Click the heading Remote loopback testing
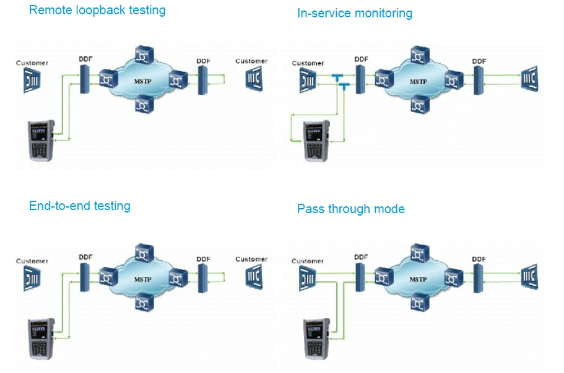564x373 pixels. click(x=97, y=10)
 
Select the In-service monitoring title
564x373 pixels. click(x=354, y=13)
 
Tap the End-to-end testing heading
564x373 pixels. click(x=79, y=206)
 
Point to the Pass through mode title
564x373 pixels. click(x=350, y=209)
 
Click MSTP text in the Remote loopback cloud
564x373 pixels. click(x=144, y=81)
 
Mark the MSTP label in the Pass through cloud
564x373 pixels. click(x=419, y=279)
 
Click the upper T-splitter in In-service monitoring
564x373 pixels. click(x=337, y=77)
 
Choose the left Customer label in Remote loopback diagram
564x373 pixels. click(x=32, y=63)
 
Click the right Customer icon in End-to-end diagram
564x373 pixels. click(x=253, y=277)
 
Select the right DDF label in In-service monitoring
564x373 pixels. click(x=479, y=61)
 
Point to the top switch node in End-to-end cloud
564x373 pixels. click(x=145, y=252)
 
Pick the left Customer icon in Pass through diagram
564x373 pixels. click(x=308, y=278)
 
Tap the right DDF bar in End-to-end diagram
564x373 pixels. click(x=203, y=277)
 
